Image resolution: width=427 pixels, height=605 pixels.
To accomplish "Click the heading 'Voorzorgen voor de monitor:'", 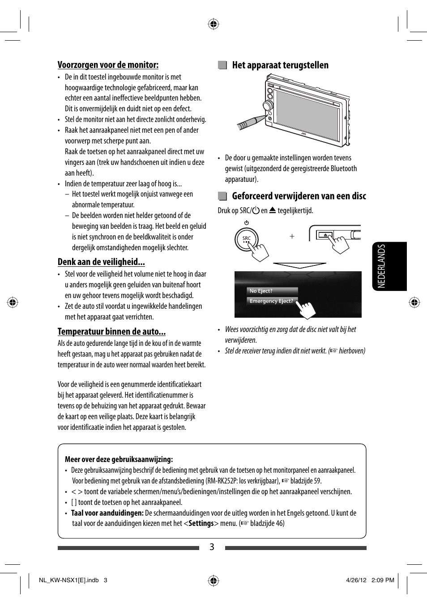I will tap(108, 65).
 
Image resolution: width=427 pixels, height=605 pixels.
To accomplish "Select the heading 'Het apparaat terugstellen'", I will tap(280, 65).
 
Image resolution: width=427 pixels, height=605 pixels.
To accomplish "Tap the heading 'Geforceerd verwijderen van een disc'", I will tap(299, 196).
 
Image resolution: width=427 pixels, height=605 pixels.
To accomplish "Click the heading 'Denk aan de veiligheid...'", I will tap(101, 262).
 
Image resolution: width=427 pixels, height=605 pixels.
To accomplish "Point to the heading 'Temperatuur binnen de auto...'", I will tap(111, 332).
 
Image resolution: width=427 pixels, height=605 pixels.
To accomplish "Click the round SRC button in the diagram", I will tap(246, 239).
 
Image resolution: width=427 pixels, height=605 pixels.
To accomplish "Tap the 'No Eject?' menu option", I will tap(261, 291).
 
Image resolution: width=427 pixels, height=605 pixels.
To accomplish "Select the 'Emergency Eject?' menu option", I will tap(271, 301).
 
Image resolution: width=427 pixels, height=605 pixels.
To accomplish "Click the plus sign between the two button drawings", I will tap(292, 236).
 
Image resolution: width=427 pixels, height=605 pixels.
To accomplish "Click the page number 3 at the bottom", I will tap(212, 547).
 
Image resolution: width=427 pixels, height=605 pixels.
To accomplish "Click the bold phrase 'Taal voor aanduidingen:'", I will tap(107, 513).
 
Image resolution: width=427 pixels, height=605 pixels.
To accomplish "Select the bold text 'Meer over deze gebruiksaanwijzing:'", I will tap(119, 459).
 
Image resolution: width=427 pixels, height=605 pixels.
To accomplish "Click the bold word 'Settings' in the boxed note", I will tap(201, 523).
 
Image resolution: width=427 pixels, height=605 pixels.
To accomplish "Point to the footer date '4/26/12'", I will tap(356, 580).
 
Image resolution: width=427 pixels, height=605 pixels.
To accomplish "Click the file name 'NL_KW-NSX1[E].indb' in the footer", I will tap(68, 580).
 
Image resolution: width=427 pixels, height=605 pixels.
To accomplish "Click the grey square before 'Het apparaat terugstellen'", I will tap(222, 65).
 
